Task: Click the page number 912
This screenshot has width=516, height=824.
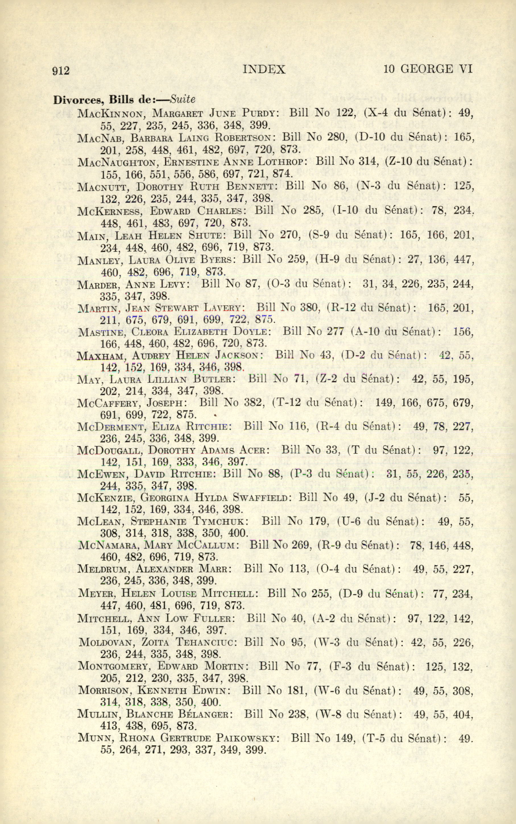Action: point(61,71)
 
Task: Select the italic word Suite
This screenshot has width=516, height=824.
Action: point(183,99)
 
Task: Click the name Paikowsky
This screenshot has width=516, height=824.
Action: point(247,738)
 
